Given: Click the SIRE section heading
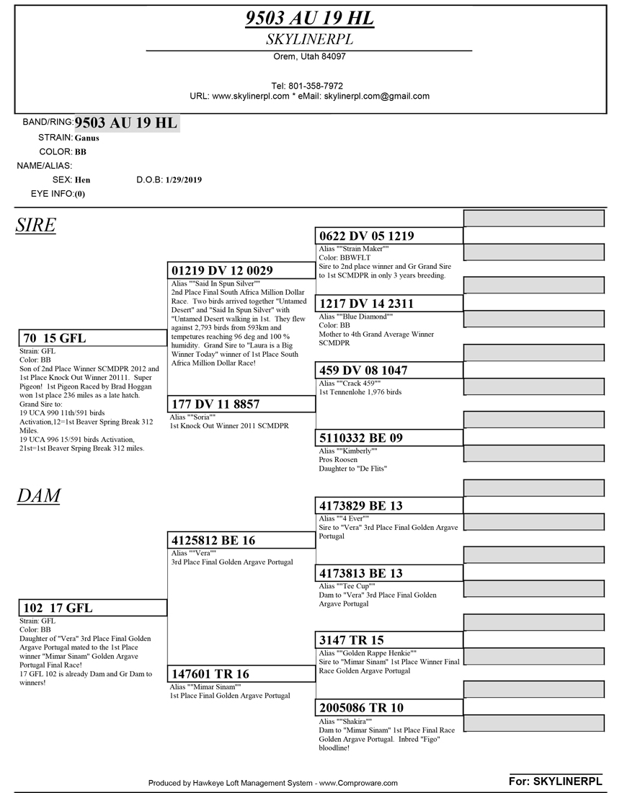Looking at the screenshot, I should coord(35,226).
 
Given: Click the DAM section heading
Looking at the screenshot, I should coord(38,496).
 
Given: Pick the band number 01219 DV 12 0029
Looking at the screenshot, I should coord(222,270).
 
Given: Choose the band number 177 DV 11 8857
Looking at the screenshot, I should coord(216,404).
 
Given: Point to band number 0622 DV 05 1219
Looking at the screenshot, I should coord(366,236).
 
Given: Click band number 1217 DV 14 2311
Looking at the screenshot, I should coord(366,304).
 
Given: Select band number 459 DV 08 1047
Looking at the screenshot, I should coord(363,371).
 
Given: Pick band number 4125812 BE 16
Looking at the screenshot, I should coord(213,541).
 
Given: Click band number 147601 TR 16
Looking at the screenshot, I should coord(210,674).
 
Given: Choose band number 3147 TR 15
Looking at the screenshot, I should coord(352,640).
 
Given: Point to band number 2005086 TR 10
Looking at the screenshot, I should coord(361,708).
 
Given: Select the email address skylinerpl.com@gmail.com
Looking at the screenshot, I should coord(376,96).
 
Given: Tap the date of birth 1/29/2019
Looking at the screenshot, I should coord(184,180).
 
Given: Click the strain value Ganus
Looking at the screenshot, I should coord(87,138).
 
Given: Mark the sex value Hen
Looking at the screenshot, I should coord(82,180).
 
